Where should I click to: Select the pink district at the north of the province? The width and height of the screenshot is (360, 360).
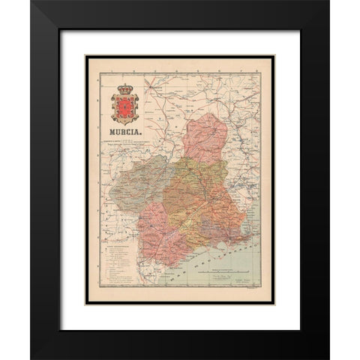(x=205, y=139)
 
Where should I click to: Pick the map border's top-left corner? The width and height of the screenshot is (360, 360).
(x=88, y=56)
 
